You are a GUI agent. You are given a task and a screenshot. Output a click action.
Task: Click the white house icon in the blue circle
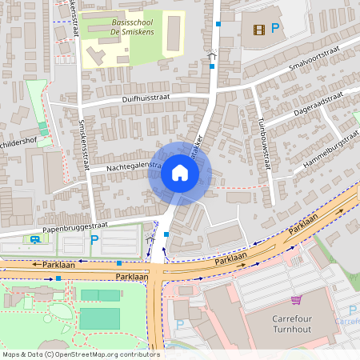(179, 173)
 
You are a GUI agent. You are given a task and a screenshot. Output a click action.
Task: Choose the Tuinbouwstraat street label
(263, 137)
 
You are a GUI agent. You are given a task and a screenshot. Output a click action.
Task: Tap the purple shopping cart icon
(296, 300)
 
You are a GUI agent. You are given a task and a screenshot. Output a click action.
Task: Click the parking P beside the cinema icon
(275, 29)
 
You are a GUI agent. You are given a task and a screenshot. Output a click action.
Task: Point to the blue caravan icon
(34, 239)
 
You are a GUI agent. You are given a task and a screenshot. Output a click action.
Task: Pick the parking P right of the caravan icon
(94, 239)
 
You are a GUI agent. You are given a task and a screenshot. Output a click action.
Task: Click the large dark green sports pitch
(99, 318)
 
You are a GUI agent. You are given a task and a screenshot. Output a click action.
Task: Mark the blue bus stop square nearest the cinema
(218, 24)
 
